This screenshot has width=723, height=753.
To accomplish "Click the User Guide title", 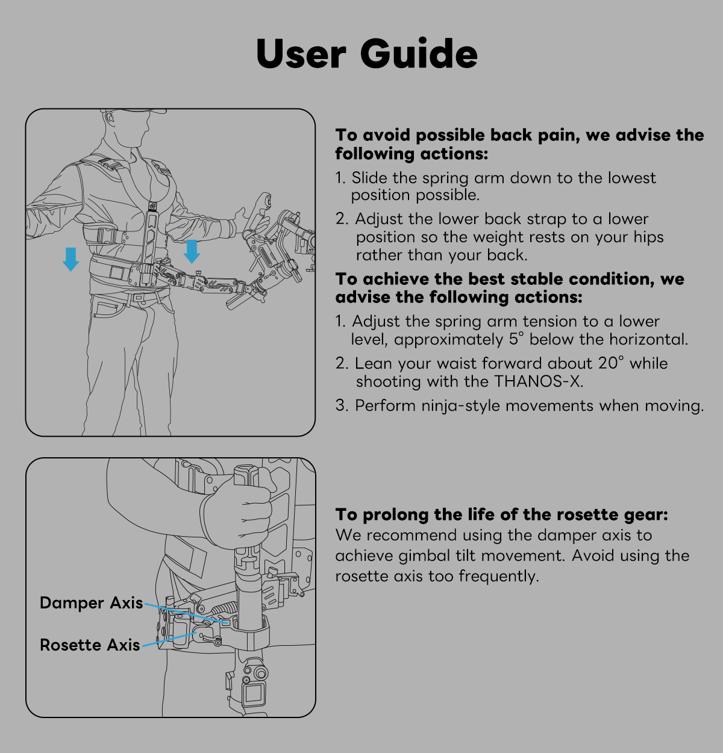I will click(x=366, y=54).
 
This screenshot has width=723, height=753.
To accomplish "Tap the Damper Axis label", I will click(x=92, y=603).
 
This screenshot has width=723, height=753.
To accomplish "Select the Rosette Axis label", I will click(x=90, y=645).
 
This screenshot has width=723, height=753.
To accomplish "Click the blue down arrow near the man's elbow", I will click(x=71, y=258).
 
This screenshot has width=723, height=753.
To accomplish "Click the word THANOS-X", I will click(x=538, y=381).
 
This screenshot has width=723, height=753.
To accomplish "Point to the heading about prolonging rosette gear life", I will click(x=501, y=514).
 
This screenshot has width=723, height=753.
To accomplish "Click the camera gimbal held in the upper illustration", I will click(x=283, y=241).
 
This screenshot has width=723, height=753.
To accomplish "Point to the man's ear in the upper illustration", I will click(x=110, y=119).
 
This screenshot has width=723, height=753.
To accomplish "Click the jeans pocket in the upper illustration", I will click(x=108, y=308).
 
